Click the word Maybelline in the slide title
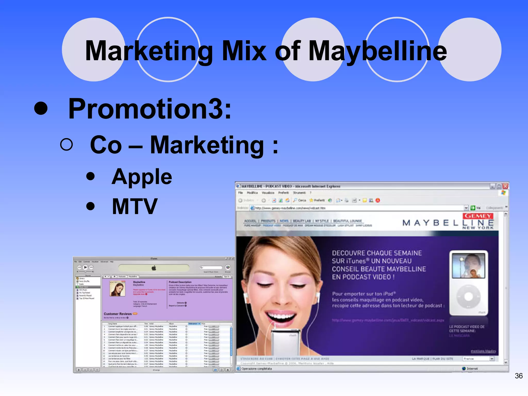click(x=377, y=51)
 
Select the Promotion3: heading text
click(x=150, y=109)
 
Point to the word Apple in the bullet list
click(x=142, y=177)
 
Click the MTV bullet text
click(x=135, y=206)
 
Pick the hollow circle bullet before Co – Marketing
click(x=67, y=144)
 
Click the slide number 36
click(x=518, y=376)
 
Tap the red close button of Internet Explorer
click(x=505, y=186)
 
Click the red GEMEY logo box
click(x=478, y=216)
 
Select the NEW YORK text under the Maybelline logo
click(x=478, y=228)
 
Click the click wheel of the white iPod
click(x=468, y=296)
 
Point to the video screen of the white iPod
click(x=468, y=266)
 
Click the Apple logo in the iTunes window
click(x=154, y=268)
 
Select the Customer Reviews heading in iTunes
click(x=118, y=314)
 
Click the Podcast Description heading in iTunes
click(x=180, y=282)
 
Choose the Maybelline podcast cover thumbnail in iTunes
click(x=118, y=289)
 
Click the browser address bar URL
click(x=290, y=208)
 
